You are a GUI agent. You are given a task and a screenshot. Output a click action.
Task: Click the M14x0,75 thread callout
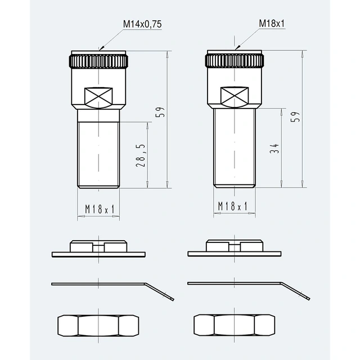(142, 24)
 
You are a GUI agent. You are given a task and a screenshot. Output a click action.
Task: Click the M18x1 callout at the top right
(272, 24)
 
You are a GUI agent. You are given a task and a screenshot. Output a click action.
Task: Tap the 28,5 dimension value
(141, 155)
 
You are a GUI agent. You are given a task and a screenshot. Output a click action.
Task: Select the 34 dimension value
(274, 148)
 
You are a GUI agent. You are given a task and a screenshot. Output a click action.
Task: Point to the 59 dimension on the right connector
(295, 116)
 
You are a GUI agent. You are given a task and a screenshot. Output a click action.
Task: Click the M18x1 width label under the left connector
(100, 209)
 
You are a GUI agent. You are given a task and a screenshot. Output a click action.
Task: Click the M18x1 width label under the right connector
(232, 206)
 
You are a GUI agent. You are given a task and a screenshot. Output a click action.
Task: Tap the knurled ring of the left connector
(98, 61)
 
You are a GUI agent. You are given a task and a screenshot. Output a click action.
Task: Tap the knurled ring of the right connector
(234, 61)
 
